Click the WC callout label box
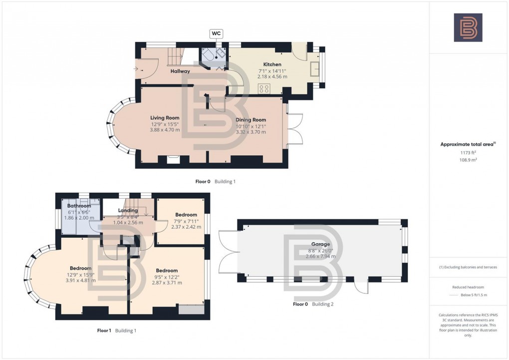click(216, 33)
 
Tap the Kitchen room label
click(272, 64)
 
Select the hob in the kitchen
click(264, 89)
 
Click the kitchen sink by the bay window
click(315, 68)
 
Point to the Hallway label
click(180, 71)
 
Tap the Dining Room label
click(251, 120)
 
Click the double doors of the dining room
click(293, 129)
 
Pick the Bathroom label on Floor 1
click(79, 206)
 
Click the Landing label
click(127, 210)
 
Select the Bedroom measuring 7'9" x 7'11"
click(186, 215)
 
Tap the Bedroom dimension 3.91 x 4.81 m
click(80, 280)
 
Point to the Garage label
click(320, 244)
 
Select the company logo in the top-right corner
click(468, 27)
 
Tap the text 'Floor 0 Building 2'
click(313, 304)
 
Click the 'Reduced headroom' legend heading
click(468, 287)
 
